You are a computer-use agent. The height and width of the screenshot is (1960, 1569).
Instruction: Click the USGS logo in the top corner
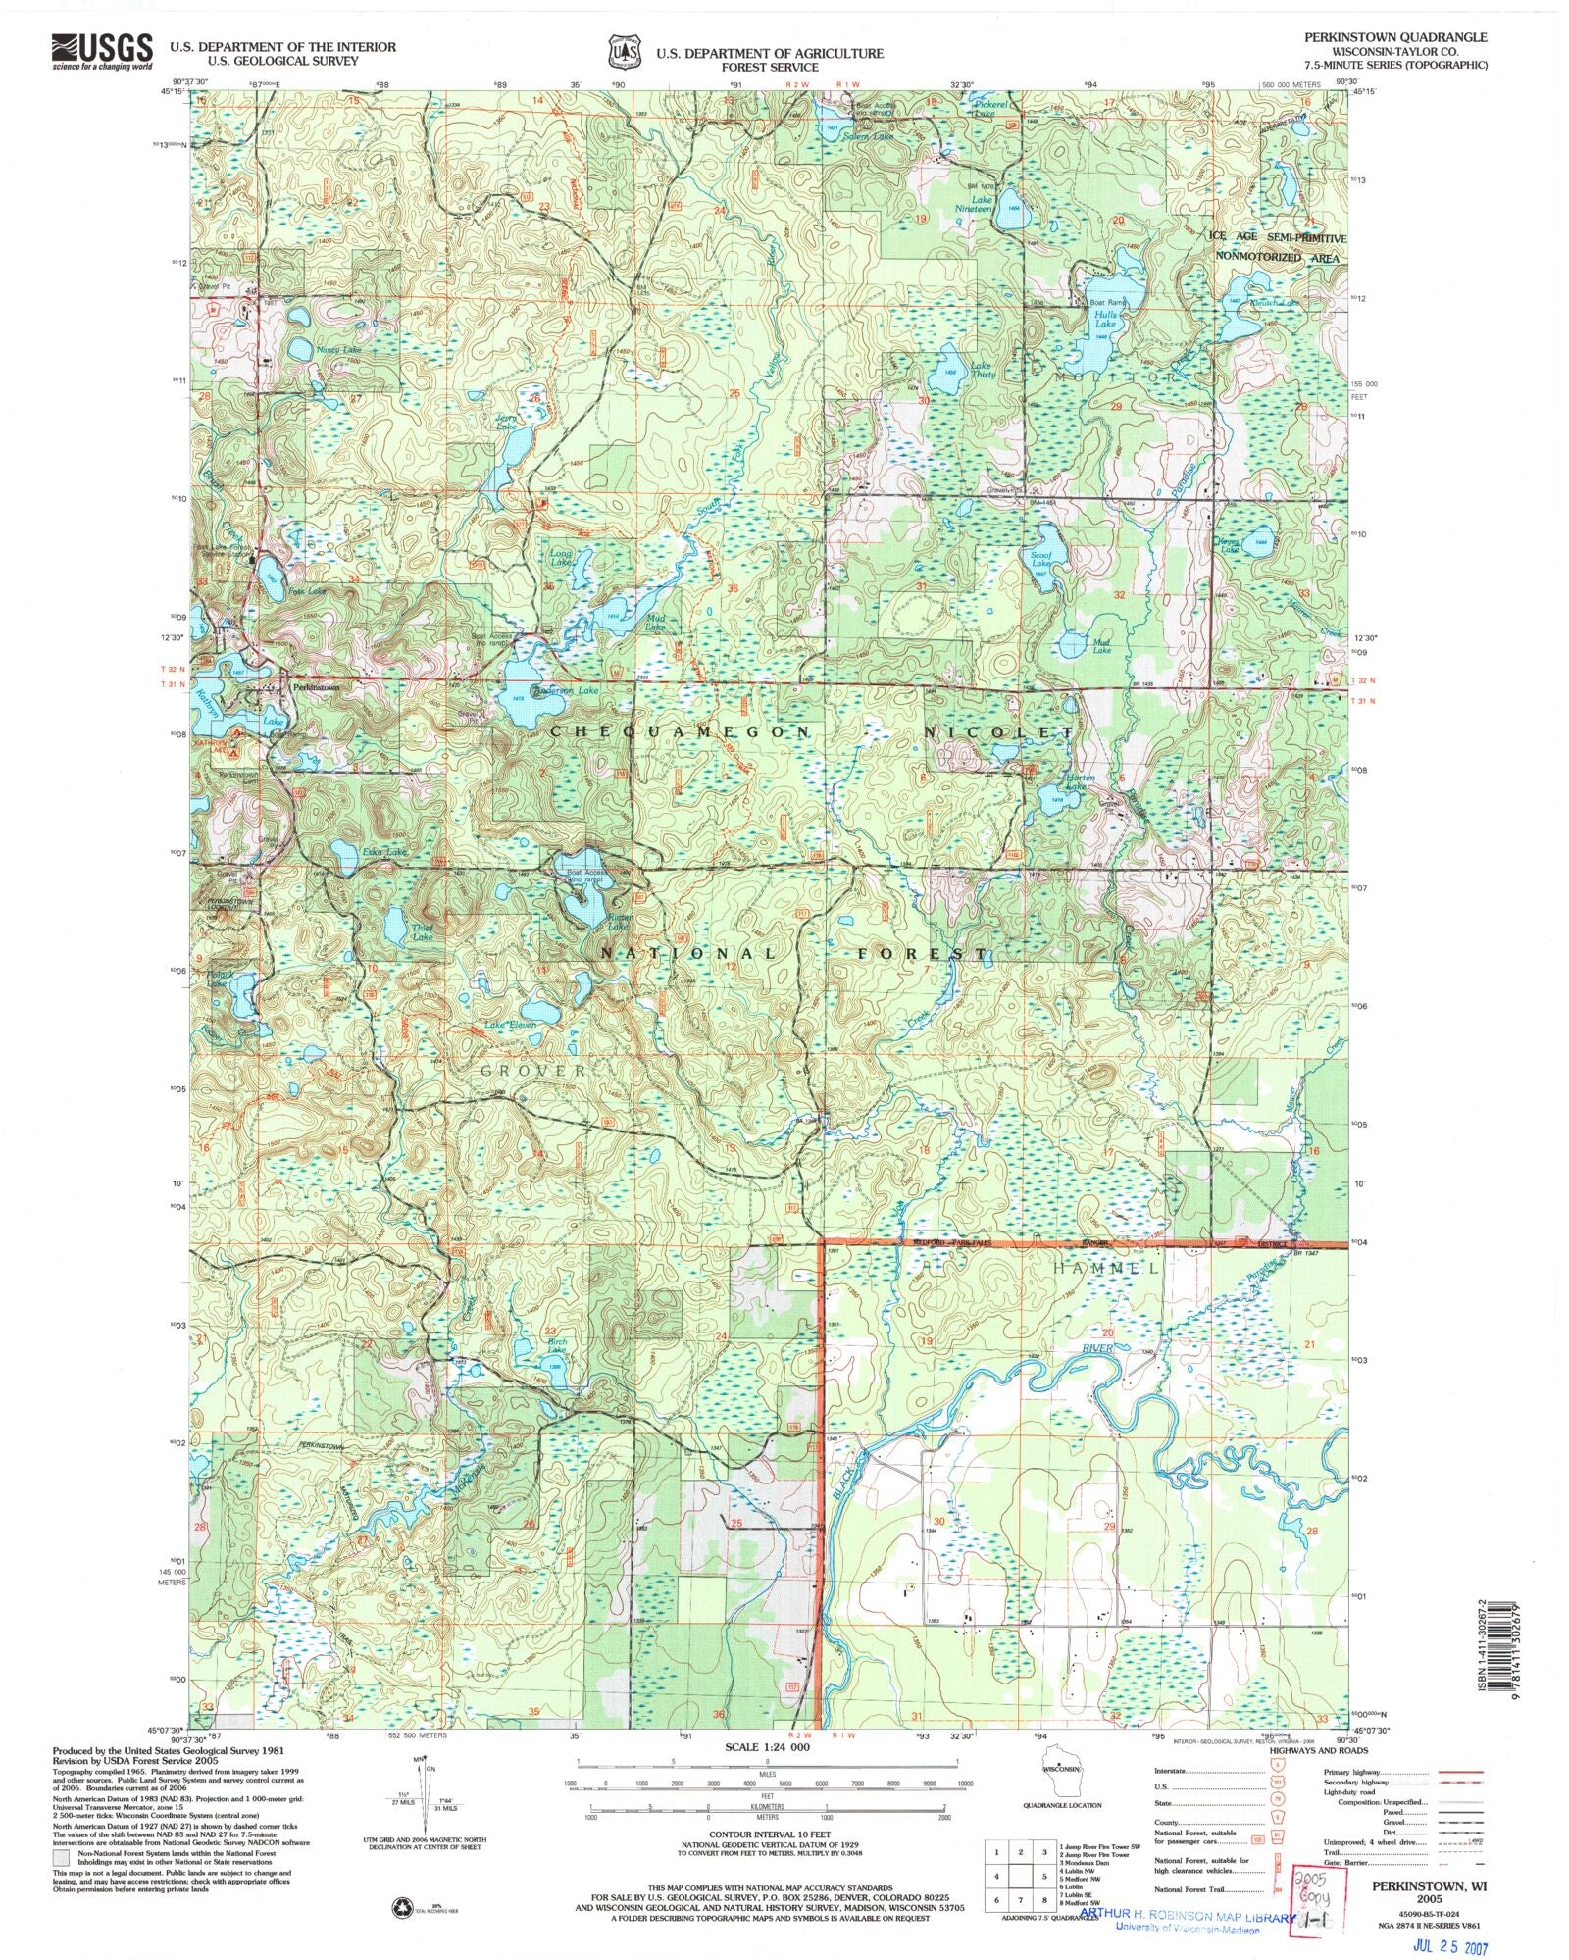click(x=102, y=50)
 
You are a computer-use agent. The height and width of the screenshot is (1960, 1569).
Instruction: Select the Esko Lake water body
click(x=343, y=856)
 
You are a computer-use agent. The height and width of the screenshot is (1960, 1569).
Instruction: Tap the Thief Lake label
click(x=422, y=933)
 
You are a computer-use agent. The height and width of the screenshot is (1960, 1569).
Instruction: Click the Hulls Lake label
click(x=1105, y=319)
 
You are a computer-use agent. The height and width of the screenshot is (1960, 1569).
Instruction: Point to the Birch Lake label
click(x=557, y=1346)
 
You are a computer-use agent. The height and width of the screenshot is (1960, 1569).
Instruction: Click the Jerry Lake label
click(x=506, y=422)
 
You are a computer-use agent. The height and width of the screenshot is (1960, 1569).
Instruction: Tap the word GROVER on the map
click(x=533, y=1071)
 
